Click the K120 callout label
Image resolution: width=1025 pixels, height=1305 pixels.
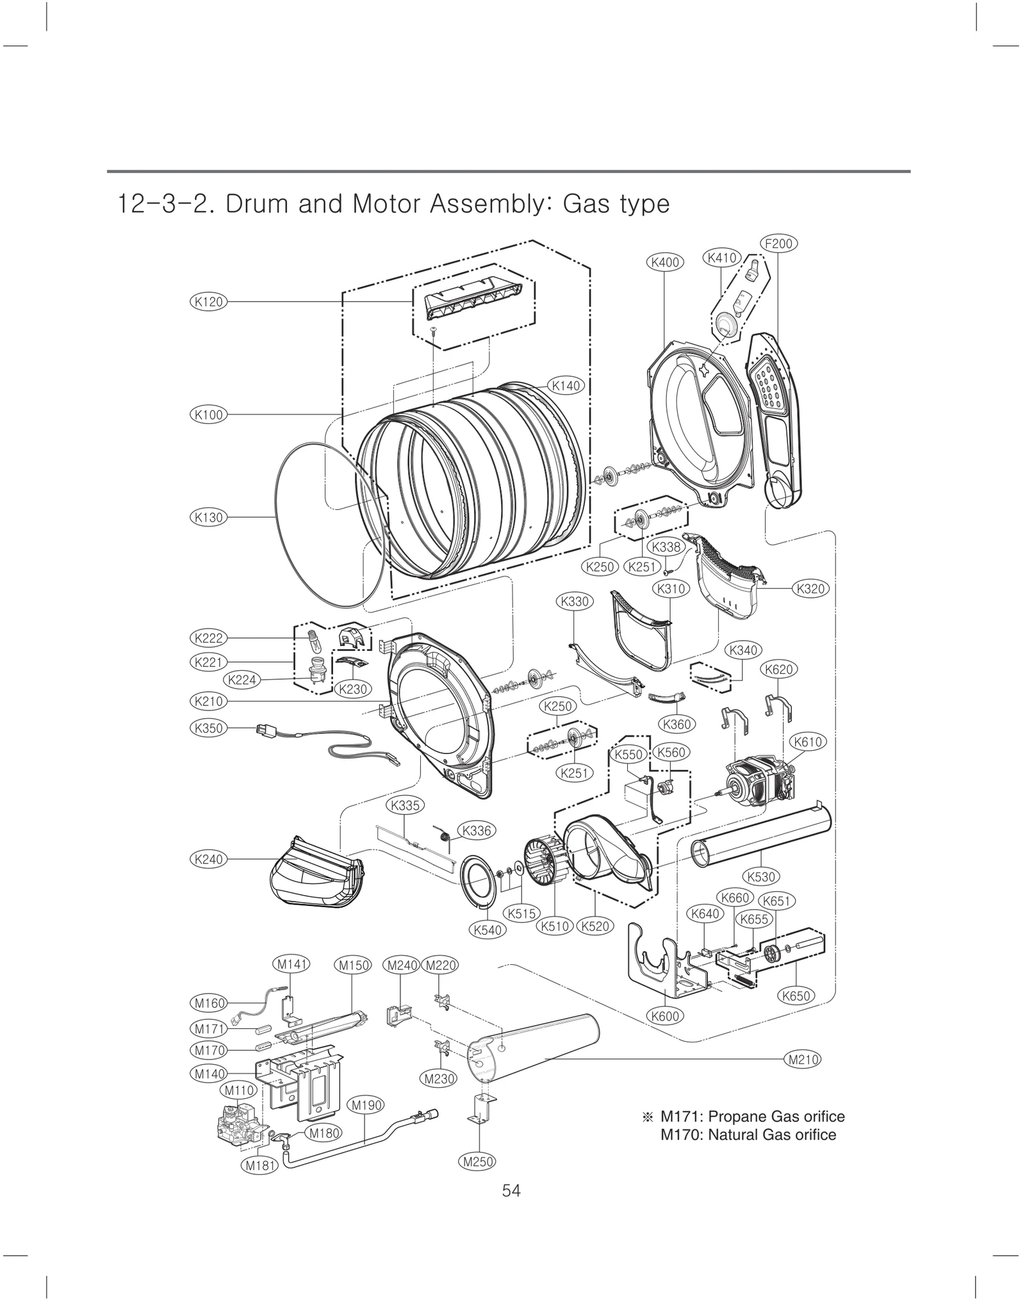(208, 302)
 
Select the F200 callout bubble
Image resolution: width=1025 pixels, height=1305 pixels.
(779, 243)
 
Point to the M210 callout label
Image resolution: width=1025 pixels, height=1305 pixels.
(803, 1059)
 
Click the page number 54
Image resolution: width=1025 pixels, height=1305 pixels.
(511, 1190)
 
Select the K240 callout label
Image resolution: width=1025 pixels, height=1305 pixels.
(208, 859)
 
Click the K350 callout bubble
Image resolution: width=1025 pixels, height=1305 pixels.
(208, 728)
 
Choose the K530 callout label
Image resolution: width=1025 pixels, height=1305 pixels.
(761, 876)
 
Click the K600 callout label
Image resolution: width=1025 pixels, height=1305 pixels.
(665, 1015)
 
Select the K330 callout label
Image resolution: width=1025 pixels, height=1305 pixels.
(574, 601)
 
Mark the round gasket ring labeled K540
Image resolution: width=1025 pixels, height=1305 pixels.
(480, 880)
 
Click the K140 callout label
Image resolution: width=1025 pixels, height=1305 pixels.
(566, 386)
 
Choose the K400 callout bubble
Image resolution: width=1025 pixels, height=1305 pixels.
(665, 262)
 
